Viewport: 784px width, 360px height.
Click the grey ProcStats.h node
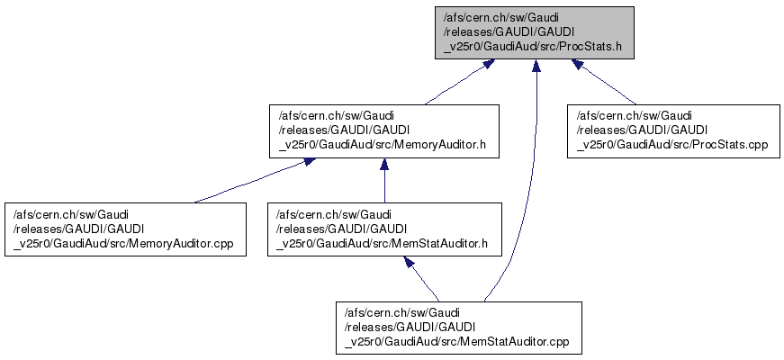click(x=535, y=32)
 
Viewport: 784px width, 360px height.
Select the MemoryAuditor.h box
click(x=384, y=131)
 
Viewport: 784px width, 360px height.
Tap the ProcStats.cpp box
click(x=671, y=131)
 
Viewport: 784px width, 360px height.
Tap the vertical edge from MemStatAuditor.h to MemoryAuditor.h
click(x=384, y=184)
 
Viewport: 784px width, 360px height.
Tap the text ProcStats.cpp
click(x=727, y=145)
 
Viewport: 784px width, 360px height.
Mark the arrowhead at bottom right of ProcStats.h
click(x=579, y=64)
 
